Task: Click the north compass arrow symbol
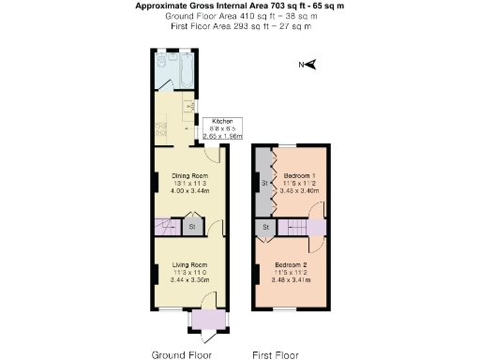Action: click(311, 65)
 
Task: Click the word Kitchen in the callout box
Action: click(222, 122)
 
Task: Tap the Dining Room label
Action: click(188, 175)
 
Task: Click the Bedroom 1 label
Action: click(301, 175)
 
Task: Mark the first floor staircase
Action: click(297, 226)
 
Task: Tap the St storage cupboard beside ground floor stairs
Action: click(190, 226)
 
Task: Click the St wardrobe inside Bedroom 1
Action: click(265, 182)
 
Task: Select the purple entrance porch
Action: click(206, 320)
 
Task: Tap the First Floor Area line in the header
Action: click(241, 25)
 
